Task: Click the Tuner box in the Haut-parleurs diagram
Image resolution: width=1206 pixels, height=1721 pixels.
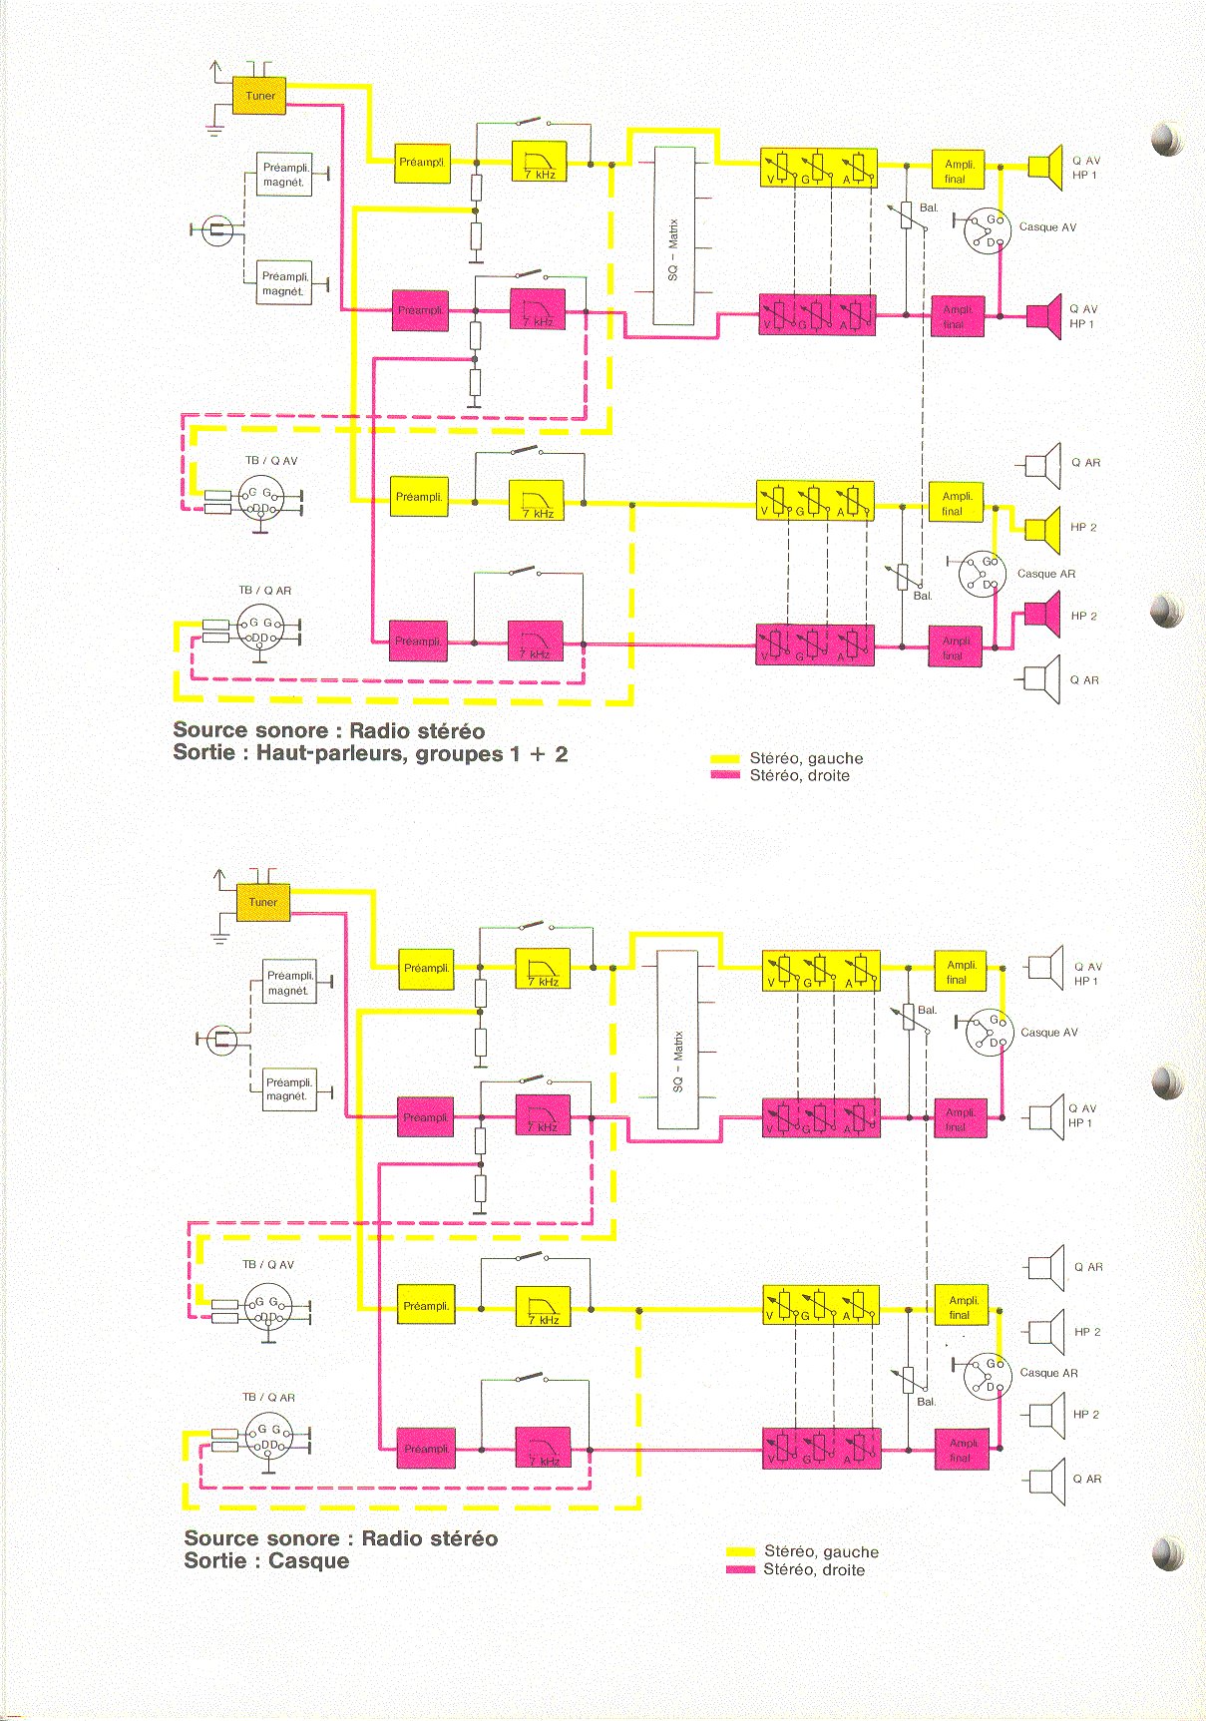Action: pyautogui.click(x=259, y=96)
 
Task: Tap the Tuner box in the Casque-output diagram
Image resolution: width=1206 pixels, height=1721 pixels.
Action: pyautogui.click(x=263, y=902)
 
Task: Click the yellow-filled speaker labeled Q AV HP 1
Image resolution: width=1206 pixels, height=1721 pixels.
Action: pyautogui.click(x=1046, y=167)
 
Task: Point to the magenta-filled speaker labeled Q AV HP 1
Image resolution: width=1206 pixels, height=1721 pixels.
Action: pyautogui.click(x=1045, y=316)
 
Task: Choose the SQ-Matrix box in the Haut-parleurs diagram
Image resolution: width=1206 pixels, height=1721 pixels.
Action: pyautogui.click(x=673, y=235)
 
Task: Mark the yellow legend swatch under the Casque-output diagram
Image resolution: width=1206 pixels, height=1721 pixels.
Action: pyautogui.click(x=740, y=1551)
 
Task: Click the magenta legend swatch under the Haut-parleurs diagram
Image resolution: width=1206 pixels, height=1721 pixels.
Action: pyautogui.click(x=725, y=775)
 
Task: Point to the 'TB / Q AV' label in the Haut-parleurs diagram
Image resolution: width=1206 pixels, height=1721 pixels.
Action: pyautogui.click(x=271, y=461)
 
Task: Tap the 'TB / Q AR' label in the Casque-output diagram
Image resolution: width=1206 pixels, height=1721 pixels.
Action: pyautogui.click(x=268, y=1398)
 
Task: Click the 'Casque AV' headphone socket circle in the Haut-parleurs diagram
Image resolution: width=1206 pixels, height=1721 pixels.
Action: pyautogui.click(x=985, y=231)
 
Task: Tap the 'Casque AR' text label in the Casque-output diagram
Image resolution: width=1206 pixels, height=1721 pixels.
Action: pyautogui.click(x=1048, y=1373)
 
